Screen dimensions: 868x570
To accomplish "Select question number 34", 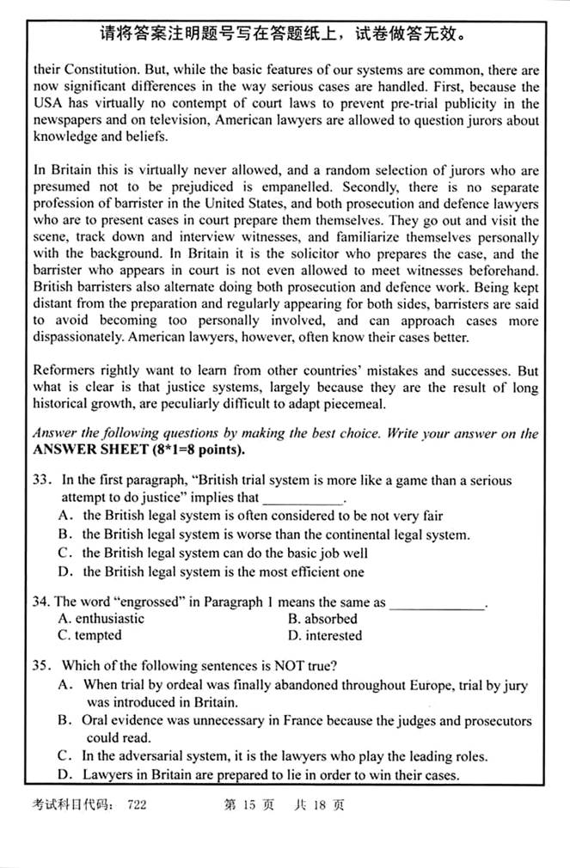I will (x=40, y=602).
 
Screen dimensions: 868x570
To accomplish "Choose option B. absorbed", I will (x=322, y=619).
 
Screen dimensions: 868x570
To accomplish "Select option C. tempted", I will (x=90, y=636).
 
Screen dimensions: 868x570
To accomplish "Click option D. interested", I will (x=325, y=636).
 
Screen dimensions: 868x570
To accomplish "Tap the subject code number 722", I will (x=137, y=805).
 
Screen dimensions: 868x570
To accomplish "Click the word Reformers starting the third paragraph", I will (x=64, y=371).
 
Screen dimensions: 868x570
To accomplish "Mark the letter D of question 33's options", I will (x=64, y=572).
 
